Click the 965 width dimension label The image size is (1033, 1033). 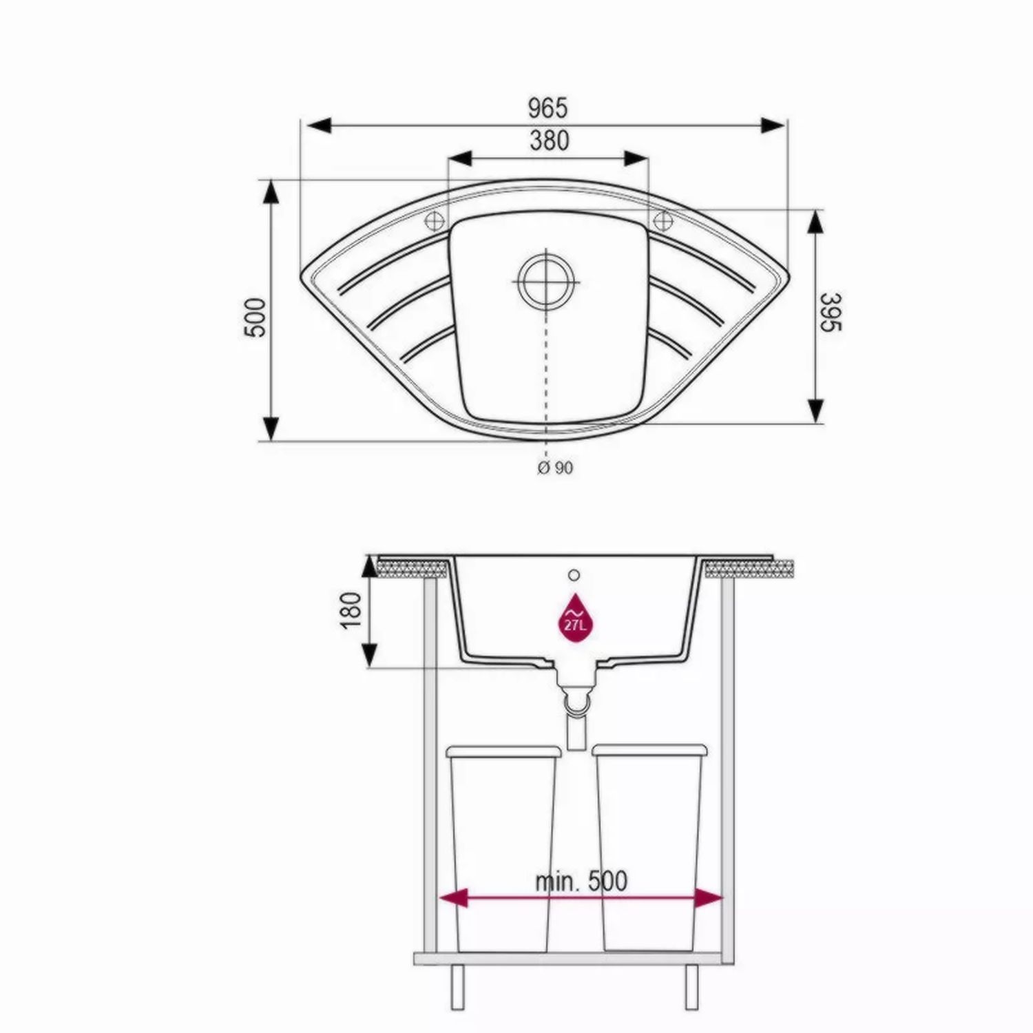(548, 107)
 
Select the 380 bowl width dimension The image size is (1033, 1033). (549, 140)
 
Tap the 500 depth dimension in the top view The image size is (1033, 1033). (255, 317)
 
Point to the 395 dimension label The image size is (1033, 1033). (832, 311)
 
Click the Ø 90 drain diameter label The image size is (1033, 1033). (554, 468)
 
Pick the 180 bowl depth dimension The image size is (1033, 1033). (351, 609)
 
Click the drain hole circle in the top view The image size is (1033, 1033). (545, 282)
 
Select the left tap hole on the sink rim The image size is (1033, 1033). (435, 221)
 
